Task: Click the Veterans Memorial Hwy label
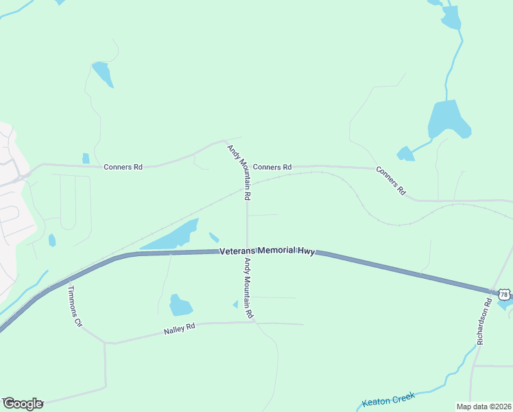pyautogui.click(x=267, y=252)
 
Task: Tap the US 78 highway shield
pyautogui.click(x=504, y=295)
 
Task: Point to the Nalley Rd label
pyautogui.click(x=180, y=330)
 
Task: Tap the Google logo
pyautogui.click(x=23, y=404)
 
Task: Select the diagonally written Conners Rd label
pyautogui.click(x=391, y=181)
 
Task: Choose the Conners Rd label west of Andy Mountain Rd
pyautogui.click(x=123, y=167)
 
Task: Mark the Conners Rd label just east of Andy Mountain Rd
pyautogui.click(x=272, y=167)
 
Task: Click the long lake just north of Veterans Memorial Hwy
pyautogui.click(x=171, y=236)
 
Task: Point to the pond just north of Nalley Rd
pyautogui.click(x=180, y=304)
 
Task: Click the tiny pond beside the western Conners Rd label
pyautogui.click(x=86, y=159)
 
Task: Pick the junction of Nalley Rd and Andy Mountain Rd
pyautogui.click(x=254, y=321)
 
